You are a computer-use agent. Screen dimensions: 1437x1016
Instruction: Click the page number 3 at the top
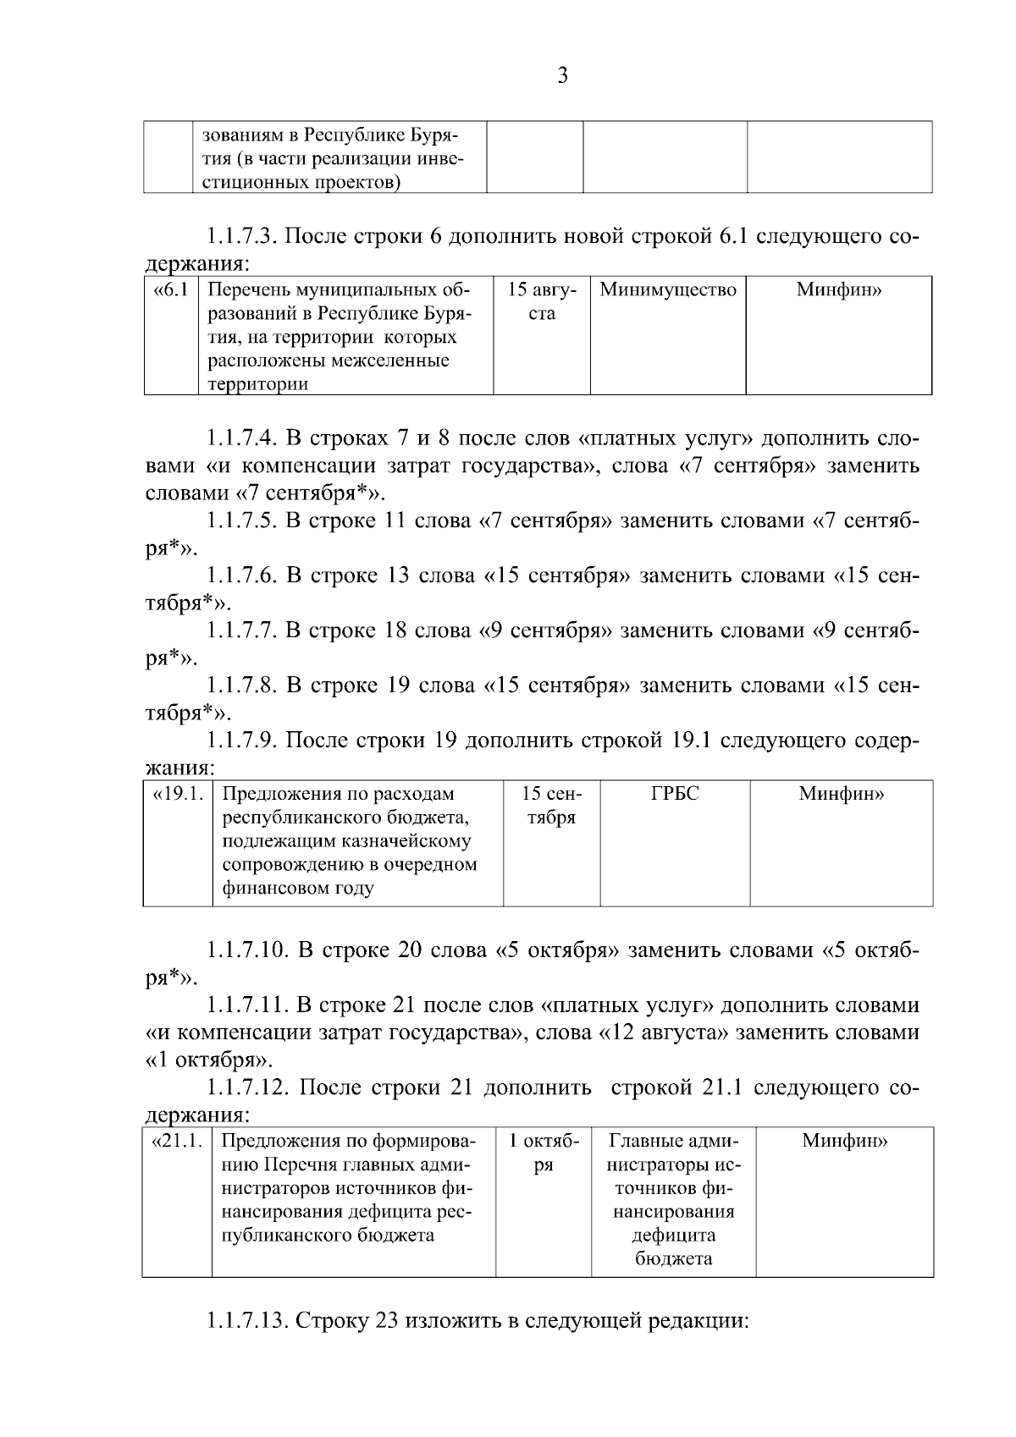click(x=562, y=76)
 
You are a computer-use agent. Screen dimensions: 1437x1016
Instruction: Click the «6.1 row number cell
click(x=170, y=290)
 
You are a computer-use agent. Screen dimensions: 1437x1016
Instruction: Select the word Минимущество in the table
click(x=668, y=290)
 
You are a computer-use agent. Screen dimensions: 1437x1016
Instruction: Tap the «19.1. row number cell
click(x=178, y=794)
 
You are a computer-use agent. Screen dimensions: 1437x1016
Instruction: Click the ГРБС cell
click(x=675, y=794)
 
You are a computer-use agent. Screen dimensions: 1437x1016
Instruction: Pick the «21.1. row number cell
click(x=176, y=1141)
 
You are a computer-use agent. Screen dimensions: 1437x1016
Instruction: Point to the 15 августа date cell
click(x=542, y=301)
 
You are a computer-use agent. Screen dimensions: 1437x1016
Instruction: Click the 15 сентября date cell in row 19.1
click(x=551, y=806)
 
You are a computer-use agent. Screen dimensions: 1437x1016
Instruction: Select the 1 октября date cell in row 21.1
click(x=544, y=1153)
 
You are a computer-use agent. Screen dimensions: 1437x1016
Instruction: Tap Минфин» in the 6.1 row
click(x=838, y=290)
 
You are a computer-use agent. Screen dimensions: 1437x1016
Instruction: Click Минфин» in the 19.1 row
click(x=842, y=794)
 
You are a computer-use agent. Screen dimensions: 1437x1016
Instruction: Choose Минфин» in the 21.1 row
click(x=844, y=1141)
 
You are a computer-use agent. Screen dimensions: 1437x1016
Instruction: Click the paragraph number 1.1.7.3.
click(x=241, y=236)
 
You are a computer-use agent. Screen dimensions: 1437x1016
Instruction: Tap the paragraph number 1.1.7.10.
click(x=246, y=950)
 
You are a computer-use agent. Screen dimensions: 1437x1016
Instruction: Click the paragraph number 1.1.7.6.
click(x=241, y=576)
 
